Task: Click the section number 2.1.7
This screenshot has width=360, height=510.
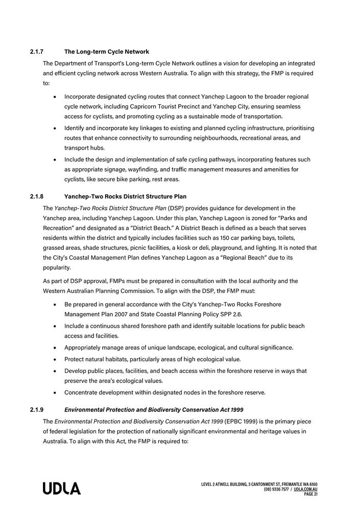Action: click(37, 52)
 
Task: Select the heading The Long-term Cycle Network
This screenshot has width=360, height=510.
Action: click(107, 52)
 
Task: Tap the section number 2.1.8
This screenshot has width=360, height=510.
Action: click(37, 197)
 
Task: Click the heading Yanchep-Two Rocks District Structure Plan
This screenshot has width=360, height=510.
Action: click(125, 197)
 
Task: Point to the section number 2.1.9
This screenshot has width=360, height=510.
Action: click(37, 410)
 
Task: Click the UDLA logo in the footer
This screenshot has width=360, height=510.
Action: click(62, 489)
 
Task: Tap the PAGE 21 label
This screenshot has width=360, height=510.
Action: click(310, 494)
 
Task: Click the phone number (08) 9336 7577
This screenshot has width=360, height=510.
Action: click(276, 489)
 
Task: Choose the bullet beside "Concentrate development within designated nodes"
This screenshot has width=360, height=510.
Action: click(55, 393)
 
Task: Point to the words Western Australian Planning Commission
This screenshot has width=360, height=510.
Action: click(110, 291)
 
